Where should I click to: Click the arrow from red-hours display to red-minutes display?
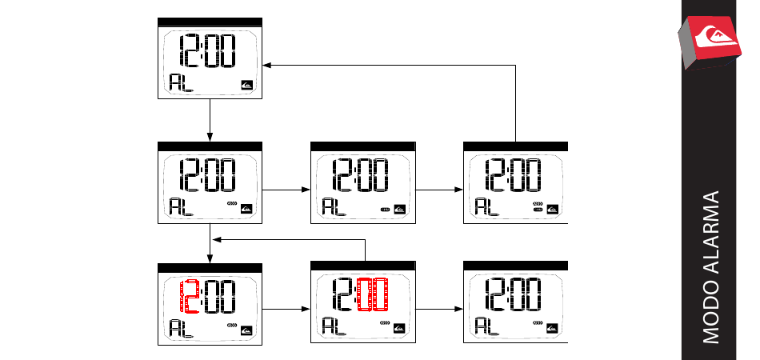(286, 309)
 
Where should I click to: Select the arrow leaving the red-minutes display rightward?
(439, 309)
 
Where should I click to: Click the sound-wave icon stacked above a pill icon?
(538, 205)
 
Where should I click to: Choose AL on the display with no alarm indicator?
(182, 82)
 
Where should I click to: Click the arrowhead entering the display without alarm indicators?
(269, 66)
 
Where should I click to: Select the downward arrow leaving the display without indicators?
(210, 120)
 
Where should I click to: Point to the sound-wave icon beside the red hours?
(232, 326)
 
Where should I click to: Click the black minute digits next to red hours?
(220, 295)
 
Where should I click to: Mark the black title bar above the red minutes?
(363, 266)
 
